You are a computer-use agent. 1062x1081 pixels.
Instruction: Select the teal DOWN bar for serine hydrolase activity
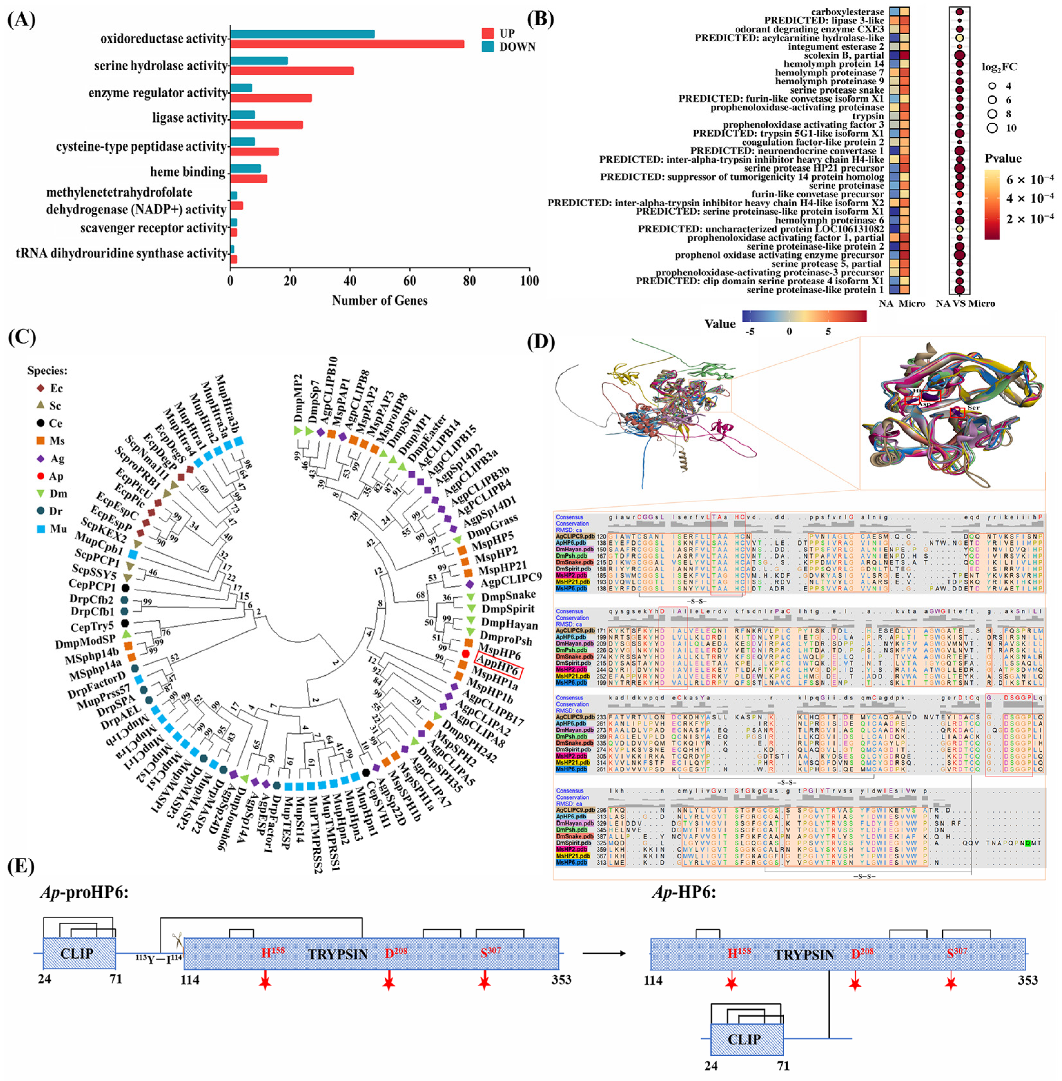(x=259, y=61)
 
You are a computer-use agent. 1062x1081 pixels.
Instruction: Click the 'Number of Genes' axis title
(x=380, y=301)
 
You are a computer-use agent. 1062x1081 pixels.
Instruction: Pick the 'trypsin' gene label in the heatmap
(x=868, y=116)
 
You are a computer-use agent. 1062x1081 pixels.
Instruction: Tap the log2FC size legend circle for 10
(x=992, y=128)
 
